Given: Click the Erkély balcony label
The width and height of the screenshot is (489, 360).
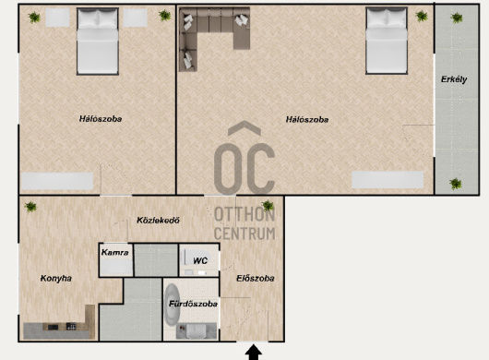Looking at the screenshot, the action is [x=454, y=79].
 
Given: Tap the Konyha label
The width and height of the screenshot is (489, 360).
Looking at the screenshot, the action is [x=56, y=278].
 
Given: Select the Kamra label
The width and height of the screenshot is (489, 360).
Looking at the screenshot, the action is [x=114, y=252].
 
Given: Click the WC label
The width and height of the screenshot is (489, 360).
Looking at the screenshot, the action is [x=200, y=260].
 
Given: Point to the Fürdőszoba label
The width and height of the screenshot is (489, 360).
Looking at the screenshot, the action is [x=193, y=304].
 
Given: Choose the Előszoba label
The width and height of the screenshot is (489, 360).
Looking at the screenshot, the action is [x=256, y=278].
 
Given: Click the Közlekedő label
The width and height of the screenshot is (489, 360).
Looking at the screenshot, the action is [x=158, y=221].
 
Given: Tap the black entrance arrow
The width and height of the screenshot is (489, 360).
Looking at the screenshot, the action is [x=254, y=353].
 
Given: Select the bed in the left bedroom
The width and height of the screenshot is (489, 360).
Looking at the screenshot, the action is [x=98, y=42].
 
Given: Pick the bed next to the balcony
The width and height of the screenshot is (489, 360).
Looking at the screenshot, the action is [x=387, y=41].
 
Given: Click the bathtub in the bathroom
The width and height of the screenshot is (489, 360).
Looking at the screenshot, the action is [x=171, y=305].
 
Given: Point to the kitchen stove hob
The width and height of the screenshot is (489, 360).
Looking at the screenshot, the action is [x=71, y=327].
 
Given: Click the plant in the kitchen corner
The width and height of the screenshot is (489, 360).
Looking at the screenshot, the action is [x=30, y=207].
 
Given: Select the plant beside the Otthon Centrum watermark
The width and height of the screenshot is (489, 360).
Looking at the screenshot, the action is [x=268, y=206].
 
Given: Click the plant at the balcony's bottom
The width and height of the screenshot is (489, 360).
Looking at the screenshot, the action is [x=456, y=184].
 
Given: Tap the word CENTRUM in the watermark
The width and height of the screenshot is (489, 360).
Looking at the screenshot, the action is [x=244, y=234].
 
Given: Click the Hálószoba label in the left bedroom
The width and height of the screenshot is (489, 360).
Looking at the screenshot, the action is [x=101, y=119].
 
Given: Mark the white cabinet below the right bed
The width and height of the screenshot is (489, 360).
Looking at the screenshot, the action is [x=388, y=180].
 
